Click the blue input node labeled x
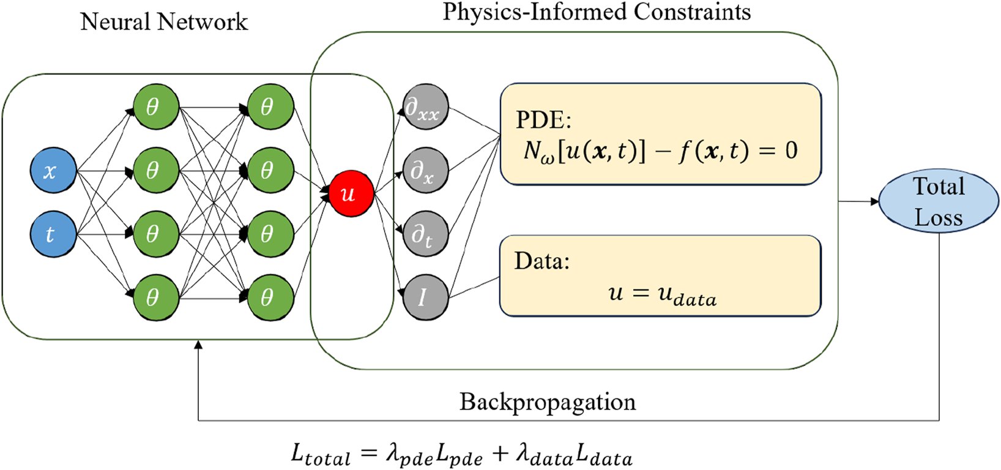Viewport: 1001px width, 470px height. (x=53, y=170)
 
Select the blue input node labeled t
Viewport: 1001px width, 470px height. (x=53, y=234)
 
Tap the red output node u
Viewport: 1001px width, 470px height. (x=351, y=194)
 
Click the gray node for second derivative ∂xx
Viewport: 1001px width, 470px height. (x=425, y=108)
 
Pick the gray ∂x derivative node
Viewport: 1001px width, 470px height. (x=425, y=171)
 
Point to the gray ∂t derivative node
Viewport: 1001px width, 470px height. (x=425, y=234)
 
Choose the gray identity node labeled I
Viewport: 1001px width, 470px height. (x=425, y=297)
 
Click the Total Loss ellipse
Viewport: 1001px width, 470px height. (x=938, y=201)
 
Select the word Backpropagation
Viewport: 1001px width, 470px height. (x=548, y=402)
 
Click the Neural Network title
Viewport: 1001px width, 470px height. (x=164, y=22)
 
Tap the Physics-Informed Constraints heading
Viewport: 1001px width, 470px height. (x=597, y=12)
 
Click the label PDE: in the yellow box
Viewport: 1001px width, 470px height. (x=543, y=120)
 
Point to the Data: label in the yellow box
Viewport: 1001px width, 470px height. (x=542, y=261)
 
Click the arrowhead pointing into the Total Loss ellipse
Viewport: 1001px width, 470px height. (x=874, y=201)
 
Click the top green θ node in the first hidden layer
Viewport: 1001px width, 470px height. (x=155, y=107)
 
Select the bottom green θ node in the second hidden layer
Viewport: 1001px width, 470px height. (x=270, y=297)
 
